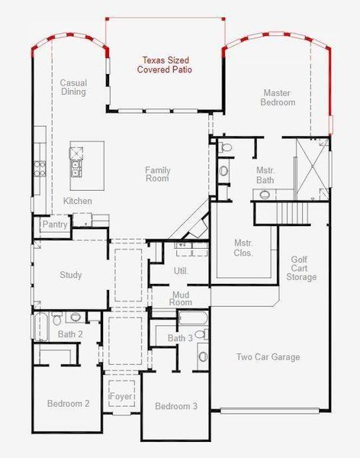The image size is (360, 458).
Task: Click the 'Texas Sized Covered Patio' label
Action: [x=164, y=64]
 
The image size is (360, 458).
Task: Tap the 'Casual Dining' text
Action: [x=73, y=87]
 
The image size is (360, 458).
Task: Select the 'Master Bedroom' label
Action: [x=278, y=97]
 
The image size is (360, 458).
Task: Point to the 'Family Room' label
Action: [x=157, y=175]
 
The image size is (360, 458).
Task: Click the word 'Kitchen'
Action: [x=78, y=201]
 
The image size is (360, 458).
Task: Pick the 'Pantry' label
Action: [x=55, y=224]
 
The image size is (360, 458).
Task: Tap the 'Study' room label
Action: [x=70, y=275]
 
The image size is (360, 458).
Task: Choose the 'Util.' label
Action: [x=181, y=270]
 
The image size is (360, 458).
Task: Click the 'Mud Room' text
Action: [x=181, y=298]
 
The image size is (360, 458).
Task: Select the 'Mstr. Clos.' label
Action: [x=243, y=247]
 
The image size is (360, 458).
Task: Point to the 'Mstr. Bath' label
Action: [x=265, y=175]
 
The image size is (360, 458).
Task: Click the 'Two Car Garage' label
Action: [x=268, y=356]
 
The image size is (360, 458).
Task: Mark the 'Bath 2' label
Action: [x=70, y=334]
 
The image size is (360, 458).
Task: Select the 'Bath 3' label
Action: [x=180, y=338]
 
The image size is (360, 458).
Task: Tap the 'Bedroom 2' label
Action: [x=69, y=403]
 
